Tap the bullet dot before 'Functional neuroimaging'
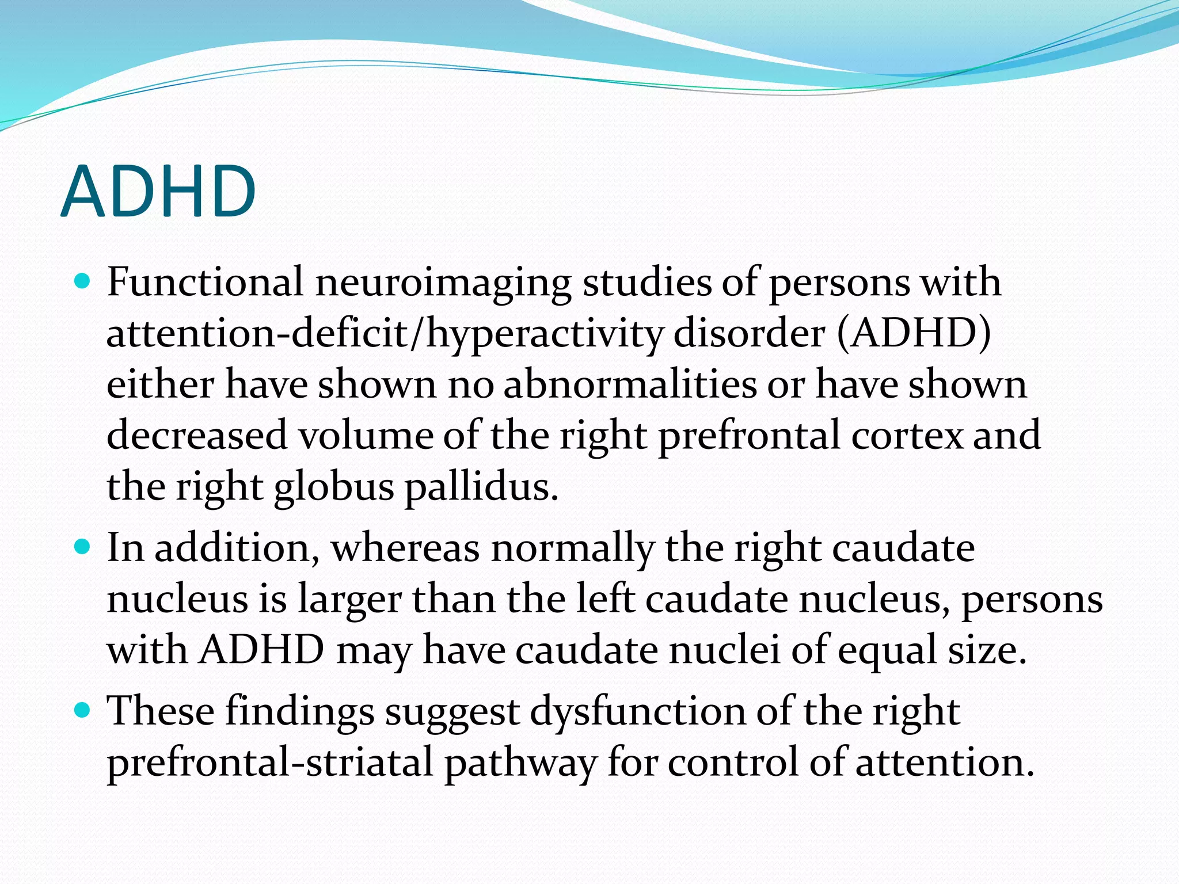coord(83,282)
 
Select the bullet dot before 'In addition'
coord(83,546)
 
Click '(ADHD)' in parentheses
coord(914,333)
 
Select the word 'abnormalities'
coord(630,384)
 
